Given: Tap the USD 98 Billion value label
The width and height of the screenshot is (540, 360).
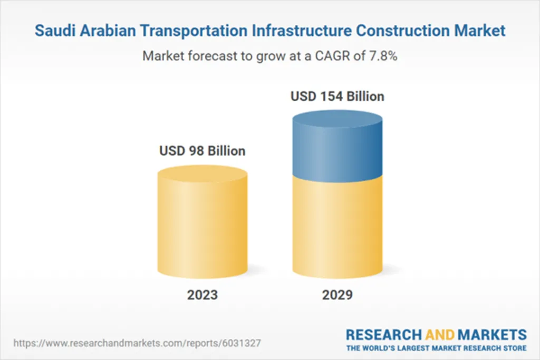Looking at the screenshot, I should point(202,151).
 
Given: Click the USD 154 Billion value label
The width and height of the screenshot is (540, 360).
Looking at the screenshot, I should point(337,97).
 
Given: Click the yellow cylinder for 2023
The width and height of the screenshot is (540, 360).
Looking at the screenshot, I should point(202,227).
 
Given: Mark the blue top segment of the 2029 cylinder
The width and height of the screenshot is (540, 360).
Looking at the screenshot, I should point(337,148).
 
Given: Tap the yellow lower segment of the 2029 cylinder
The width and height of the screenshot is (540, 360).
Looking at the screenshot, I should point(337,227).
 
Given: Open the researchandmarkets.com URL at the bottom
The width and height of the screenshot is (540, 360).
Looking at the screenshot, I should point(137,343).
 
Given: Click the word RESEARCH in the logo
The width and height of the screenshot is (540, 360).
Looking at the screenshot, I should point(383,335).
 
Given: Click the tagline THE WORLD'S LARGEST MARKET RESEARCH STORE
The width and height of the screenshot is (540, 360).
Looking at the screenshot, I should point(436,348).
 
